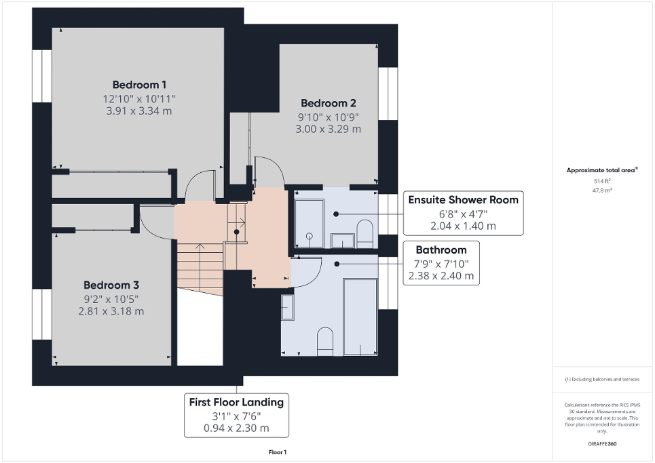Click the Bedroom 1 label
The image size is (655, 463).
pyautogui.click(x=139, y=85)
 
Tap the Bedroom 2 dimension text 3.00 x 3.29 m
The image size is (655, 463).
pyautogui.click(x=328, y=129)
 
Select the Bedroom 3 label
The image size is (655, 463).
pyautogui.click(x=111, y=285)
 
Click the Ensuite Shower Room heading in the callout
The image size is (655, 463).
pyautogui.click(x=463, y=199)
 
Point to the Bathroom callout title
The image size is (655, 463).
pyautogui.click(x=441, y=249)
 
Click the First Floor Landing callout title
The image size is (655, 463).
pyautogui.click(x=236, y=402)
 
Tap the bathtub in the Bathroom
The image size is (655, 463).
pyautogui.click(x=360, y=316)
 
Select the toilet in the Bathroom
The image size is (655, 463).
pyautogui.click(x=326, y=341)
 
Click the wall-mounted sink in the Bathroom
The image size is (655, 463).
pyautogui.click(x=288, y=307)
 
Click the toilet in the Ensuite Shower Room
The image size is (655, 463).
pyautogui.click(x=364, y=234)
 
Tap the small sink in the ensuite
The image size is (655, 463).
pyautogui.click(x=343, y=240)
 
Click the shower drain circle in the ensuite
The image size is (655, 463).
pyautogui.click(x=310, y=237)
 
